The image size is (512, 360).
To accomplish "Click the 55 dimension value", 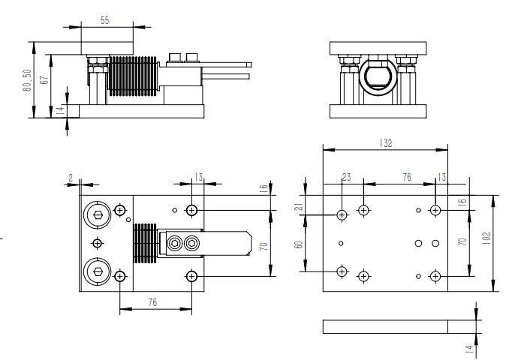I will point(105,21).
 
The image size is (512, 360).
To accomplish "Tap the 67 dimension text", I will point(45,82).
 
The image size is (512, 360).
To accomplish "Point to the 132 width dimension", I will point(386,143).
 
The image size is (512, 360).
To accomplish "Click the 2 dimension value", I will point(70,178).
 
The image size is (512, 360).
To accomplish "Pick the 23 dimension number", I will point(346,178).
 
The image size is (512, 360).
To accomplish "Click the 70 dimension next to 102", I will point(463,241).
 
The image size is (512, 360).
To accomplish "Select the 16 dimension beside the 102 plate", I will point(463,202).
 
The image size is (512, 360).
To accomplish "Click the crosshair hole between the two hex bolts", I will point(96,242).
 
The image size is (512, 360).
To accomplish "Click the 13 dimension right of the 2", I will point(198,178).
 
